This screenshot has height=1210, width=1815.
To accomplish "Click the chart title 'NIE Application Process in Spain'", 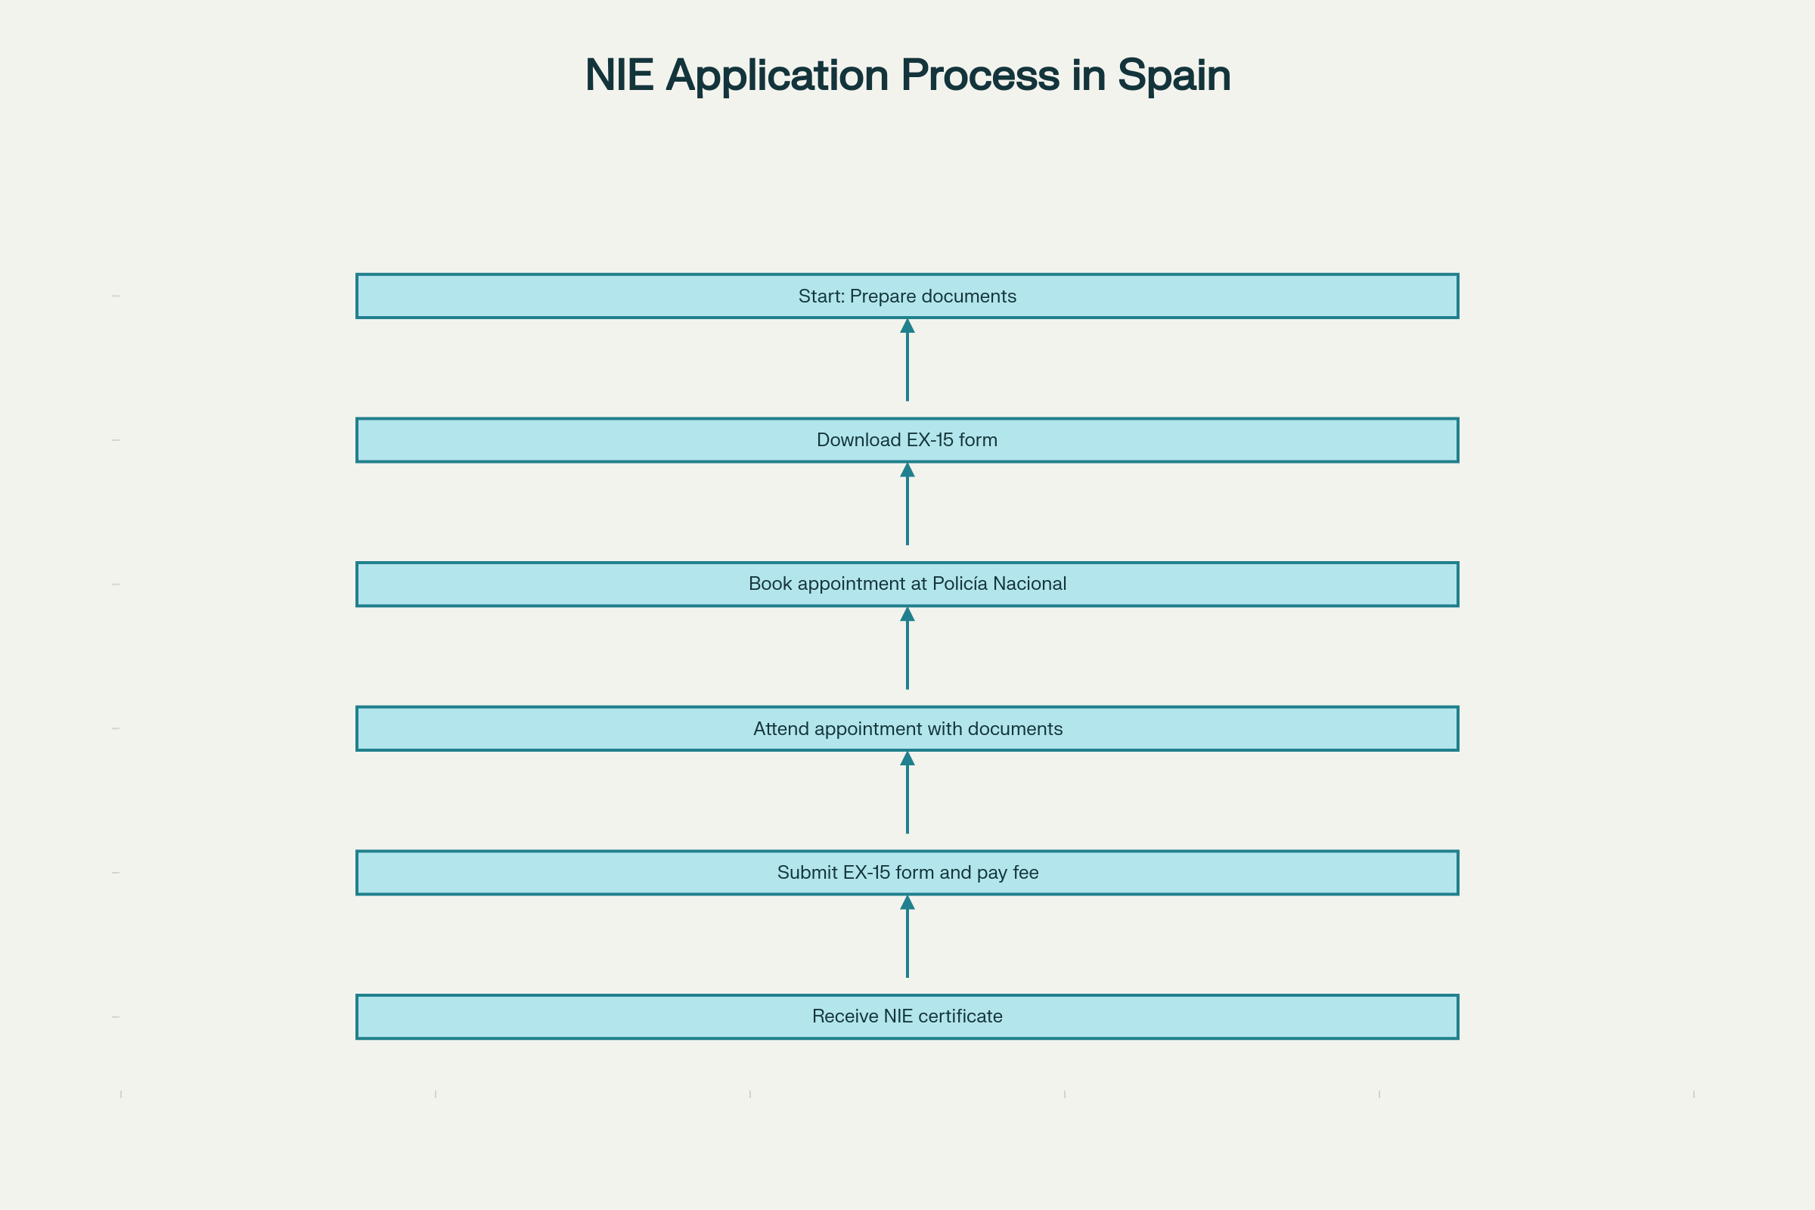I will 907,75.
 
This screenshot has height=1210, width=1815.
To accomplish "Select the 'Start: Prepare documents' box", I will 907,296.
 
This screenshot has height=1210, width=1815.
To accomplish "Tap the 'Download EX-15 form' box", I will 907,441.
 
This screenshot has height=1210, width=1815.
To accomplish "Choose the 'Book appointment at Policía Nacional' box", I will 907,584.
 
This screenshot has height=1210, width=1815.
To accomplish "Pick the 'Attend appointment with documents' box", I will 907,728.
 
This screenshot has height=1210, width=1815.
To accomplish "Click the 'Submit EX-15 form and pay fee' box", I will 907,873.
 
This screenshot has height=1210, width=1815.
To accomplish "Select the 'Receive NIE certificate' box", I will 907,1017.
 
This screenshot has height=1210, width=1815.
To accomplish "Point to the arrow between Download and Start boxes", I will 907,363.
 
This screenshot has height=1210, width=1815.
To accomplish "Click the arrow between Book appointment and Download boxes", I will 907,507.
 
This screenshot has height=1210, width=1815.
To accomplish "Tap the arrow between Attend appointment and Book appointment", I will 907,651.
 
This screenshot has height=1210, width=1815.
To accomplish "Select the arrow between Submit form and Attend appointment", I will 907,796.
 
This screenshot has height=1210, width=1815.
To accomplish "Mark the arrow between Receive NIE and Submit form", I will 907,940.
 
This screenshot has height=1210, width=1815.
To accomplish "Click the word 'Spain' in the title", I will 1174,75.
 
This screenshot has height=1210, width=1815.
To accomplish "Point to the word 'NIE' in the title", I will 619,75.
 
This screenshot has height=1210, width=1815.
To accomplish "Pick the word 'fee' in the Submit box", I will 1025,873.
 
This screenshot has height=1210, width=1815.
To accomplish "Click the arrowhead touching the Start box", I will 907,327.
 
